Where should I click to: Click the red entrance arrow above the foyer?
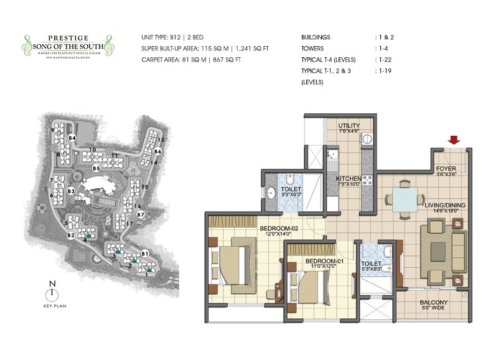click(x=454, y=140)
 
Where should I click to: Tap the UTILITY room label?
click(x=349, y=126)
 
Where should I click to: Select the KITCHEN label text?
click(x=349, y=178)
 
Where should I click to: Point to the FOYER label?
click(x=446, y=169)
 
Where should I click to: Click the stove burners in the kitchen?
click(x=366, y=180)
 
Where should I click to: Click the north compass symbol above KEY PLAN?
click(x=53, y=292)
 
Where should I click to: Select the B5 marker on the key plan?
click(x=96, y=168)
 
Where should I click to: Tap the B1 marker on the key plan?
click(x=144, y=253)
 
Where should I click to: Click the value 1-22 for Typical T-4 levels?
click(x=385, y=60)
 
